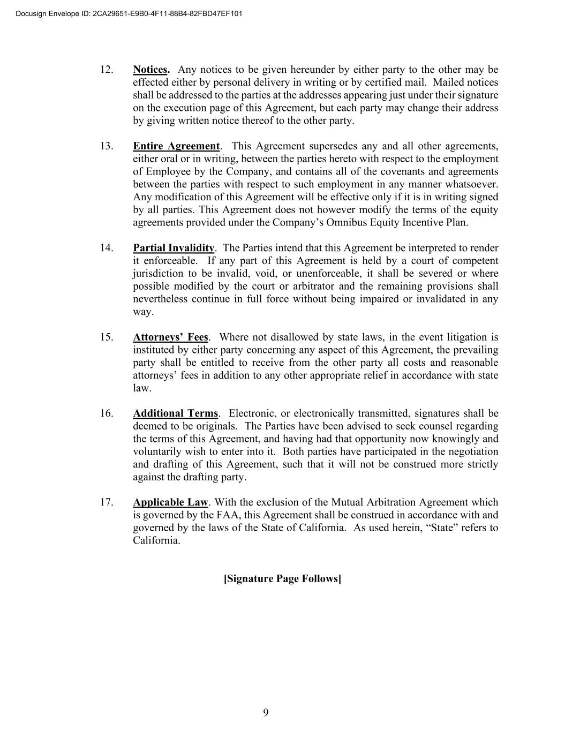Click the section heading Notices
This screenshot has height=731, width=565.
click(151, 70)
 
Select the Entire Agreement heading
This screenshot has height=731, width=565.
click(176, 146)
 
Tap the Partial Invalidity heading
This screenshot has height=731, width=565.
click(174, 248)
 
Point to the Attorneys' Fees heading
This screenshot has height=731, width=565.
click(170, 337)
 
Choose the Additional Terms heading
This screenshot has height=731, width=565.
click(176, 413)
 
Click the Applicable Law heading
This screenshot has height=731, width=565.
click(170, 502)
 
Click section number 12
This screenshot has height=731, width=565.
click(107, 70)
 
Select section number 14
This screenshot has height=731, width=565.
click(107, 248)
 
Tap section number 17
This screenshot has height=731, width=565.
click(107, 502)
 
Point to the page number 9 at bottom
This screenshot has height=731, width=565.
click(266, 712)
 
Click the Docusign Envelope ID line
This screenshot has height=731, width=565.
click(129, 13)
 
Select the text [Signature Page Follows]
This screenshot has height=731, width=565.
click(282, 579)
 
